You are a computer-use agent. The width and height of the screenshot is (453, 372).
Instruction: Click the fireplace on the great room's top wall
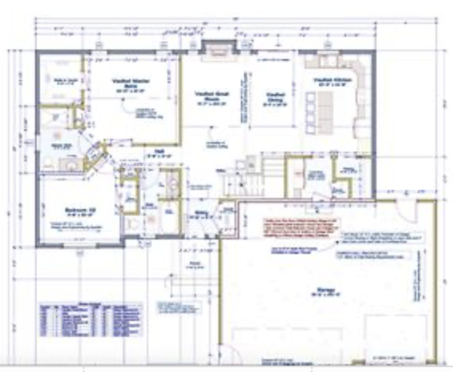click(214, 52)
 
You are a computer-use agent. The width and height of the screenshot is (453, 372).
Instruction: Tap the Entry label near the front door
click(202, 212)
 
